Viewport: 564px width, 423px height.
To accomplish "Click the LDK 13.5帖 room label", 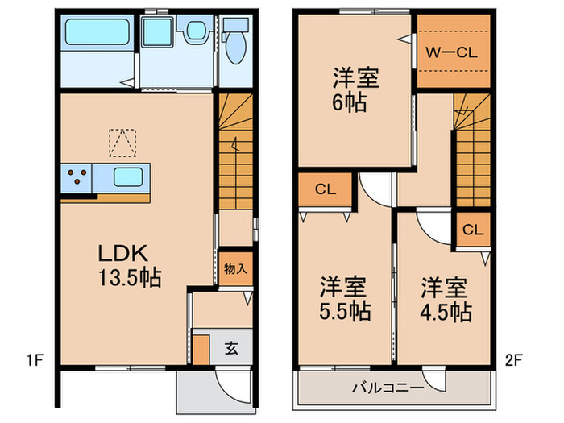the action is [130, 265].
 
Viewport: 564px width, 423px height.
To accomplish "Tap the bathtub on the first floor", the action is [97, 32].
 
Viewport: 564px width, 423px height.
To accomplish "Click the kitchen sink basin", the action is [127, 177].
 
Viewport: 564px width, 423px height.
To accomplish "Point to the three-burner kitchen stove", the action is [77, 177].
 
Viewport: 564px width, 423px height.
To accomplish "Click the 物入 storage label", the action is [235, 268].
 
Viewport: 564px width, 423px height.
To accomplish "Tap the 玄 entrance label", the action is [231, 348].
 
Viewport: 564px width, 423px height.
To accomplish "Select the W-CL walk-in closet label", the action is [452, 53].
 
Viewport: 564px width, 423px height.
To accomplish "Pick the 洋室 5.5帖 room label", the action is [345, 299].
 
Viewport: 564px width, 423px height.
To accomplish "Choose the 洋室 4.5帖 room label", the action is [446, 299].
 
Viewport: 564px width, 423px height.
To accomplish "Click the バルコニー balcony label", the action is [388, 388].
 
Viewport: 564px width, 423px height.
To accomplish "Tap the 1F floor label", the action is [35, 360].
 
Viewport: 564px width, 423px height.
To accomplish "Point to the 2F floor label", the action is [514, 360].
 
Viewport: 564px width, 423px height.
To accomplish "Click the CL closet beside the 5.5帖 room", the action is [326, 189].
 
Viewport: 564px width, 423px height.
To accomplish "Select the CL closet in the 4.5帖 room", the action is [473, 230].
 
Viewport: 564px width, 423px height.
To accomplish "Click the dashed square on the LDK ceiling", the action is [122, 143].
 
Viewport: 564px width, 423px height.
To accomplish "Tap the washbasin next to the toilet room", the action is [197, 30].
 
